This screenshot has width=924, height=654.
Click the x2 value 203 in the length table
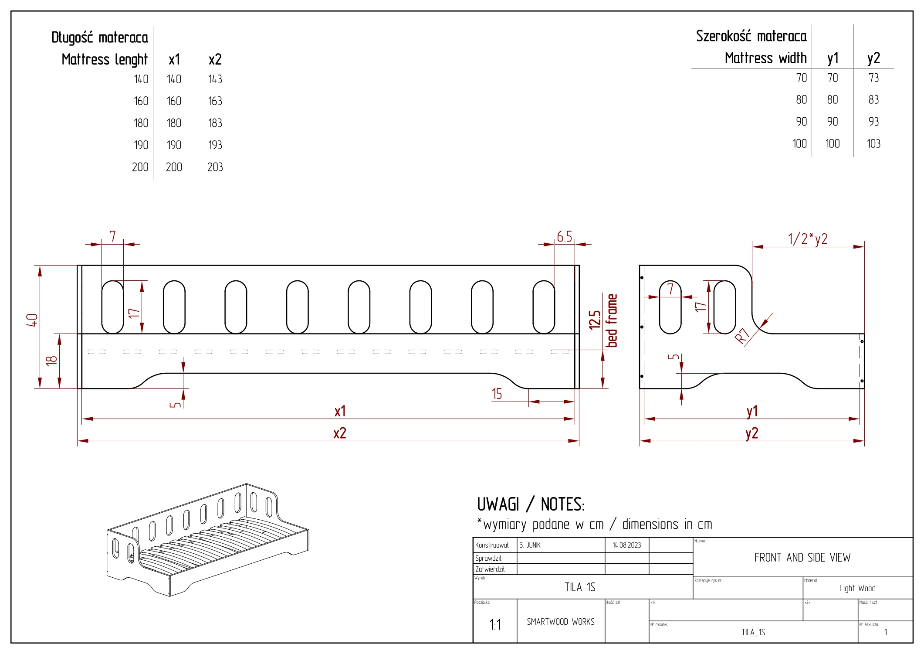point(215,167)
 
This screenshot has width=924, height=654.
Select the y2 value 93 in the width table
point(873,122)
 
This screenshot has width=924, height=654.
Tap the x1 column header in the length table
point(174,59)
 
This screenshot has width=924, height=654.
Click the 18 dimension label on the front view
point(51,360)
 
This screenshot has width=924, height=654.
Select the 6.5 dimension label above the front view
point(564,237)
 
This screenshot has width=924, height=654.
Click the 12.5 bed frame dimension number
point(595,320)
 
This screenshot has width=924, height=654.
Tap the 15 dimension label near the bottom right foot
point(497,394)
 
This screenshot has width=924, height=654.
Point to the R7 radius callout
point(742,336)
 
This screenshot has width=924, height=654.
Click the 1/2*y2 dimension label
point(807,239)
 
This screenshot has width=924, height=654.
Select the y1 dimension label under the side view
point(752,411)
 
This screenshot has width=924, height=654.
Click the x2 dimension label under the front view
point(339,433)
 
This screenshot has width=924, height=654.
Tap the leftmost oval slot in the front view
point(112,307)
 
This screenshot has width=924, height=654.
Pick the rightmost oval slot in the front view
point(544,307)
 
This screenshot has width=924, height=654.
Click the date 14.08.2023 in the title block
point(626,545)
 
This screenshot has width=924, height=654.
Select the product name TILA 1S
point(580,587)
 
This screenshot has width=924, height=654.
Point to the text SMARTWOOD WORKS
point(560,622)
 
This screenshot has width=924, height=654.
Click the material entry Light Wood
point(857,589)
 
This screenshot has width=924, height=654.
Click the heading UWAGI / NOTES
point(530,504)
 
